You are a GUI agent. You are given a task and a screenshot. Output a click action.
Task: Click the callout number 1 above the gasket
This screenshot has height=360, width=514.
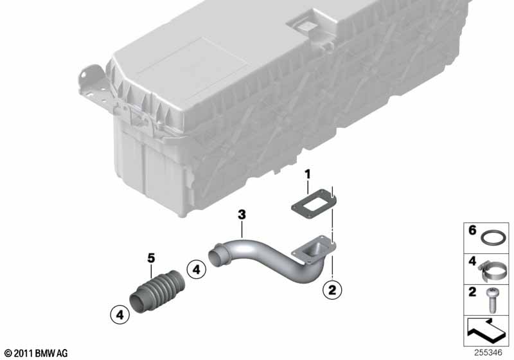[307, 175]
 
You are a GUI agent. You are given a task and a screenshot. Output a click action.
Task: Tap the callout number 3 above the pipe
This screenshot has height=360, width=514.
[242, 215]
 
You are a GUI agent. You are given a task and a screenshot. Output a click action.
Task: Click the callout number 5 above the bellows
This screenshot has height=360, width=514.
[151, 258]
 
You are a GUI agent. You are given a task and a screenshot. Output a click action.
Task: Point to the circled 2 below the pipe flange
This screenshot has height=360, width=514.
[332, 290]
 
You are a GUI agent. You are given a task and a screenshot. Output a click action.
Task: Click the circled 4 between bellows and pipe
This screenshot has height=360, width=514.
[196, 269]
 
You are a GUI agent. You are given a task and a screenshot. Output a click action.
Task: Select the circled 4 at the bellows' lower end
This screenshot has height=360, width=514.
[120, 315]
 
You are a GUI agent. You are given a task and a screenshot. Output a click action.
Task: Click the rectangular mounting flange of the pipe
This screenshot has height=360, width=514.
[315, 250]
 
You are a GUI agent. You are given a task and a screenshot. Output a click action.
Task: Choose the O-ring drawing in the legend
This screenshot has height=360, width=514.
[493, 237]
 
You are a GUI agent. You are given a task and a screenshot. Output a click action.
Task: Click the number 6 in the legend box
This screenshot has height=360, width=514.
[472, 230]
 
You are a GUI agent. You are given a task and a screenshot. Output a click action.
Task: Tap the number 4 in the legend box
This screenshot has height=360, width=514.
[472, 261]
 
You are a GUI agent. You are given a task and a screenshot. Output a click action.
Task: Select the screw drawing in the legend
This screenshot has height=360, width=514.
[492, 300]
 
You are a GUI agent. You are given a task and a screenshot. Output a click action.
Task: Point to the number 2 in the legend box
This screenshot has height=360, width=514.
[472, 292]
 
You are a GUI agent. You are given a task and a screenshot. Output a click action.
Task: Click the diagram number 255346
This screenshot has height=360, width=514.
[488, 353]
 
